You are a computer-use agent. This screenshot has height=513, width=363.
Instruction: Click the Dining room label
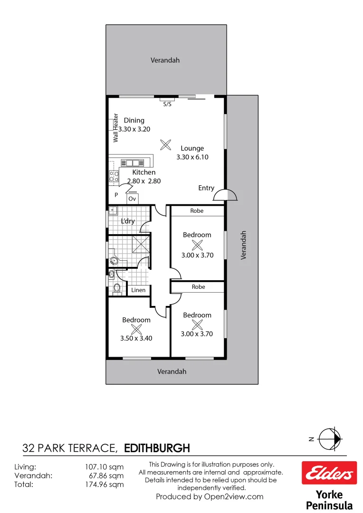[134, 120]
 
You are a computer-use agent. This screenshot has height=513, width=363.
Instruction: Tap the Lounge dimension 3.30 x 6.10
[192, 157]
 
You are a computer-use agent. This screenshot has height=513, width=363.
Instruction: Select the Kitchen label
[143, 172]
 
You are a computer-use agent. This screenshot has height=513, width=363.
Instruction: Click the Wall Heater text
[115, 128]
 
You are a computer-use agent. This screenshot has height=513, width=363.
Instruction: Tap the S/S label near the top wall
[167, 104]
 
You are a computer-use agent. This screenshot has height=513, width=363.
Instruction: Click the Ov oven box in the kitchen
[133, 199]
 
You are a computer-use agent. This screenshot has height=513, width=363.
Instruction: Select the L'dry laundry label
[127, 221]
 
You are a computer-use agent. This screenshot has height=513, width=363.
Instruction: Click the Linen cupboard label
[138, 290]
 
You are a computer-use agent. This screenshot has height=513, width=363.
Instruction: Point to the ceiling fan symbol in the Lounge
[165, 144]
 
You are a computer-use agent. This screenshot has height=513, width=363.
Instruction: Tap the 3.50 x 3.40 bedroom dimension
[136, 338]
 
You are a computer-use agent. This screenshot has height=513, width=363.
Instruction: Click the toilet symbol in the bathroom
[116, 288]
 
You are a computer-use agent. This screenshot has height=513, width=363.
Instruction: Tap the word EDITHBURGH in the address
[157, 448]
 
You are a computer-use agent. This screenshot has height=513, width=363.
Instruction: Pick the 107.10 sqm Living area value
[104, 467]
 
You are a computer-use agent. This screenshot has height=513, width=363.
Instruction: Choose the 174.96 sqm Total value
[104, 484]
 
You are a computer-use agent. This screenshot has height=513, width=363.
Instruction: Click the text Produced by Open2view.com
[210, 497]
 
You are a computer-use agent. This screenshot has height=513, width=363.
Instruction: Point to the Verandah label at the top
[165, 60]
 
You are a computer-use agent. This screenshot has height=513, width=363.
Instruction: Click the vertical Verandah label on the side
[244, 245]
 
